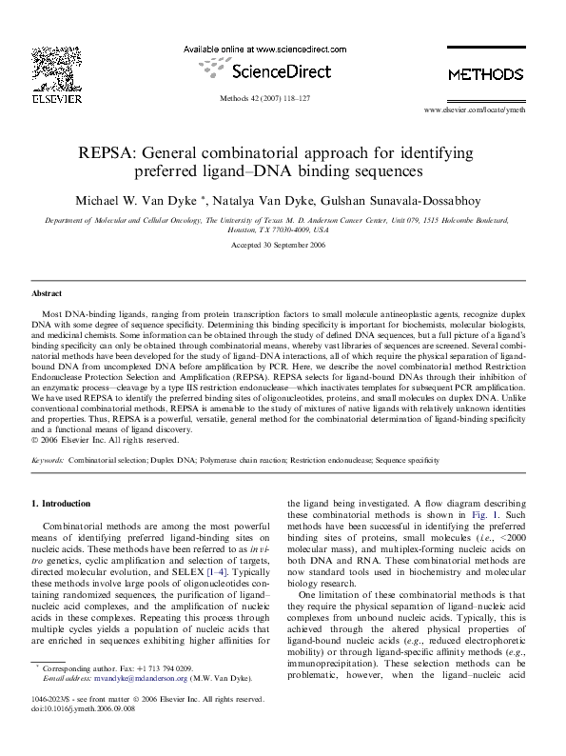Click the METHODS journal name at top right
click(x=485, y=74)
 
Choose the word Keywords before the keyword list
click(x=48, y=460)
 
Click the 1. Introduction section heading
click(x=62, y=503)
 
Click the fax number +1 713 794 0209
click(x=164, y=669)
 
